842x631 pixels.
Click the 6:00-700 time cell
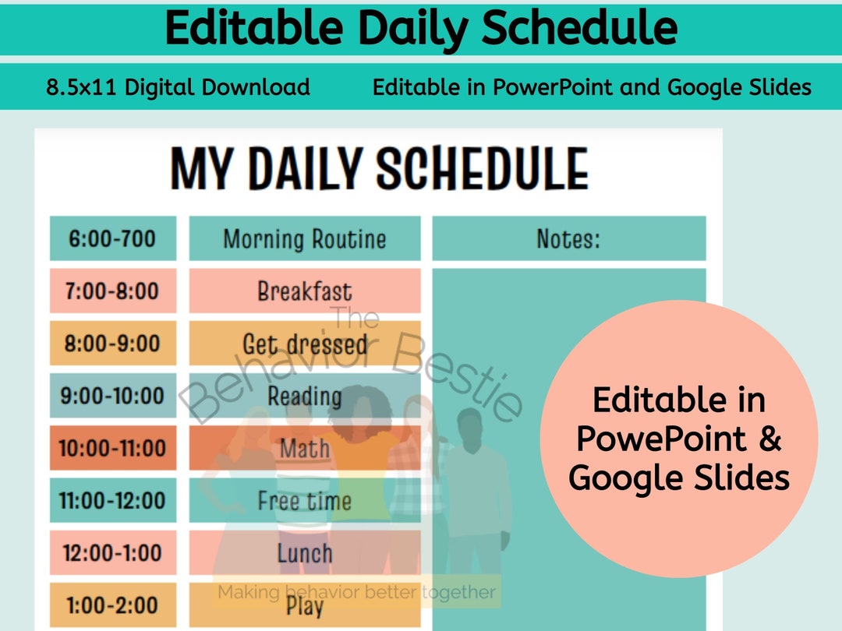pos(112,238)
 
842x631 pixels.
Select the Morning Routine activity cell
pos(304,238)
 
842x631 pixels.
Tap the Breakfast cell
pos(304,291)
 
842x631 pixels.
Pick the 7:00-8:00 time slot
pos(112,291)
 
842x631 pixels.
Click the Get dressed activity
pos(304,344)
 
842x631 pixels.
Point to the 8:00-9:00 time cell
pos(112,344)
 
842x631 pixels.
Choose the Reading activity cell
pos(304,396)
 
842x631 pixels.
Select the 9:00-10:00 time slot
pos(112,396)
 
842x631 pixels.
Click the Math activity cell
pos(304,448)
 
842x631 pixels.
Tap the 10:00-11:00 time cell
pos(112,448)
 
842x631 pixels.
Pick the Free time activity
pos(304,500)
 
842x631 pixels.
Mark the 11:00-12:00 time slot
pos(112,500)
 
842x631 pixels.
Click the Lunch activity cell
pos(304,553)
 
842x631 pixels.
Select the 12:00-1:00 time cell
pos(112,553)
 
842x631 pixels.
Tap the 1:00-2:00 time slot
pos(112,605)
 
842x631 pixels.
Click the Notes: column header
pos(568,238)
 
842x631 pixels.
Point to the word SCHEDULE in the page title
pos(482,169)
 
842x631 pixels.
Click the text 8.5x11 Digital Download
pos(178,86)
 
